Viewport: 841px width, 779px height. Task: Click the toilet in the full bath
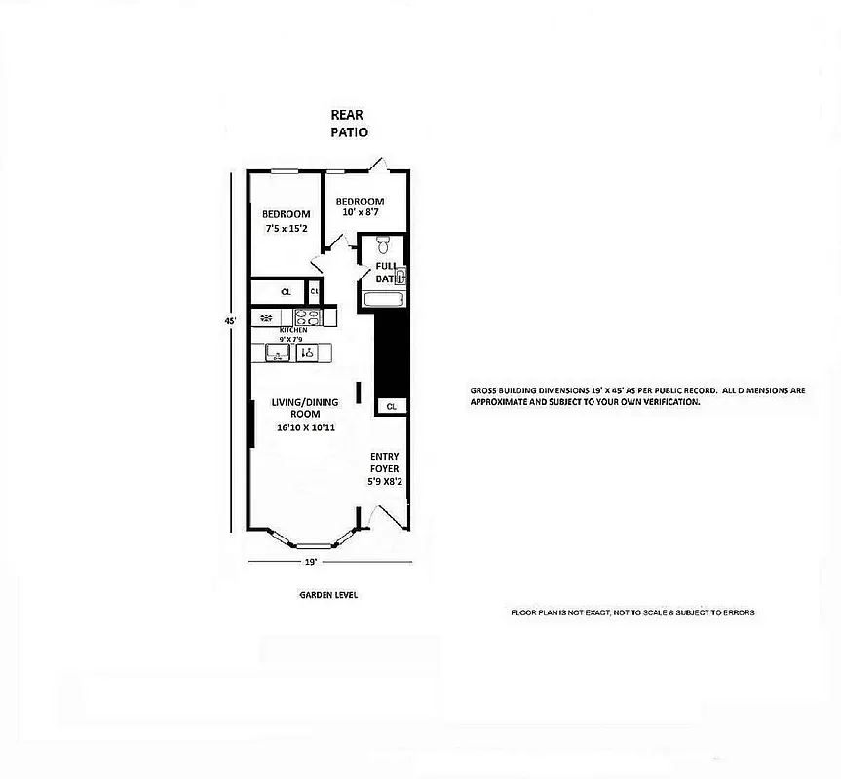(383, 243)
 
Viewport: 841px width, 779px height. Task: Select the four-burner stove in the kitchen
(308, 316)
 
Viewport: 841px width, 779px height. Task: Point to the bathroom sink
(400, 276)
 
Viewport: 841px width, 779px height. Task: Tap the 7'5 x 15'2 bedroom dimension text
(287, 229)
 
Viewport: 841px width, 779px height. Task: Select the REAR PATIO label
(347, 123)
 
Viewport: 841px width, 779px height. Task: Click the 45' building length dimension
(231, 320)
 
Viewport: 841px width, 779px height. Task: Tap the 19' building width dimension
(311, 563)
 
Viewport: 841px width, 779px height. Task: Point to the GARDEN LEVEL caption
(327, 595)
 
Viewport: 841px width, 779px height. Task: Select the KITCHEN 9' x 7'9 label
(293, 335)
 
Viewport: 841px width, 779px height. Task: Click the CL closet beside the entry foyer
(391, 406)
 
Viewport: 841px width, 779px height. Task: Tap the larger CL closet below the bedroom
(287, 291)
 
